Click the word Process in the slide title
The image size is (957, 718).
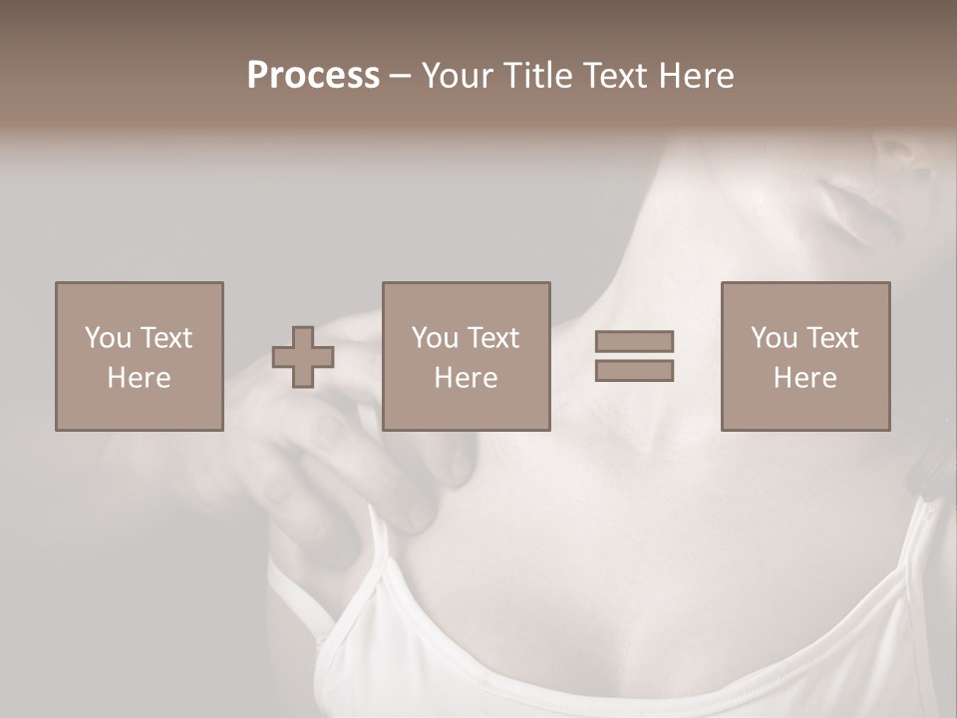(x=313, y=76)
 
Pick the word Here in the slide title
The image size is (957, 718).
(x=697, y=76)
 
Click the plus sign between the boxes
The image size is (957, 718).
(x=303, y=357)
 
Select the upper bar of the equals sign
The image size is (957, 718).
(x=634, y=341)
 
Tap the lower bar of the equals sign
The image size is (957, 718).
(x=634, y=370)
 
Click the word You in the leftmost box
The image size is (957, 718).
(x=108, y=338)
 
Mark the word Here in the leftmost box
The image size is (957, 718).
(x=139, y=378)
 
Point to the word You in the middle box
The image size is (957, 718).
(x=435, y=338)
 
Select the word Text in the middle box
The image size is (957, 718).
(x=491, y=338)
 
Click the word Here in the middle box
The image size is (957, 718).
(x=466, y=378)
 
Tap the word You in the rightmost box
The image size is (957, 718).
(x=774, y=338)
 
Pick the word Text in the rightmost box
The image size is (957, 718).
(x=830, y=338)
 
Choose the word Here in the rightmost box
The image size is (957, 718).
(x=804, y=378)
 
